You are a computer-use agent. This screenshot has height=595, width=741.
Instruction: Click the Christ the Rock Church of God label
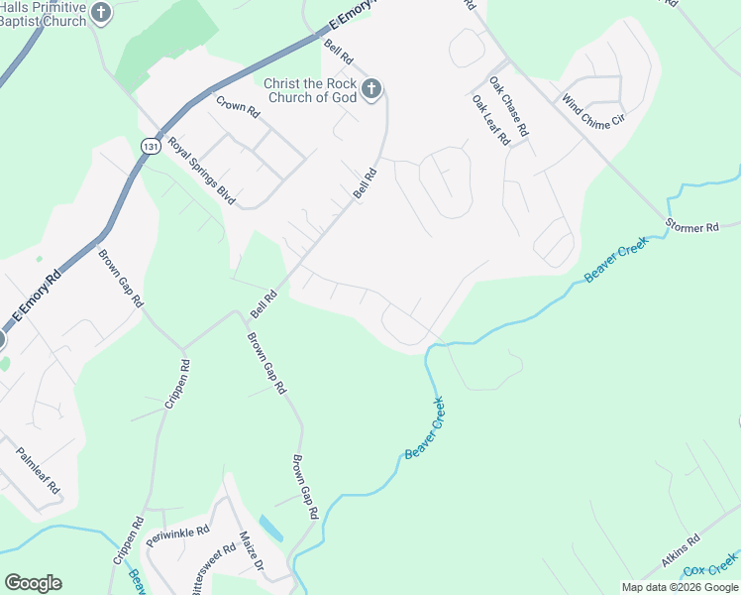[x=309, y=90]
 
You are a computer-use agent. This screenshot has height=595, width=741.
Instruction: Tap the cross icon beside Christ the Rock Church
[x=370, y=90]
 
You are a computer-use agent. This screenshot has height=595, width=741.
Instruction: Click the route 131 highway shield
[x=150, y=146]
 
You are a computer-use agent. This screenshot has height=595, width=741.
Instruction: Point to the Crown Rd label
[x=237, y=108]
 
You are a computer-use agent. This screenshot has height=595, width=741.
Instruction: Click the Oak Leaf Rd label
[x=490, y=121]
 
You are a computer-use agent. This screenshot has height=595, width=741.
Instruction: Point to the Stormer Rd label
[x=691, y=227]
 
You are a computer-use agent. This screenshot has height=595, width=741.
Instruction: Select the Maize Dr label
[x=251, y=552]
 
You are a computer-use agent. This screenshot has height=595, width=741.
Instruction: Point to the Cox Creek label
[x=710, y=569]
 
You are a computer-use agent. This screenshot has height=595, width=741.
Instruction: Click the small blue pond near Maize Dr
[x=269, y=528]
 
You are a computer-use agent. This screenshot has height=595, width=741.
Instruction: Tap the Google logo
[x=33, y=583]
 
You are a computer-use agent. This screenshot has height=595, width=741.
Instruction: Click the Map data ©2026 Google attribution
[x=680, y=587]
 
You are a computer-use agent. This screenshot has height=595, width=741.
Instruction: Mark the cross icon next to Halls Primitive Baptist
[x=100, y=13]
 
